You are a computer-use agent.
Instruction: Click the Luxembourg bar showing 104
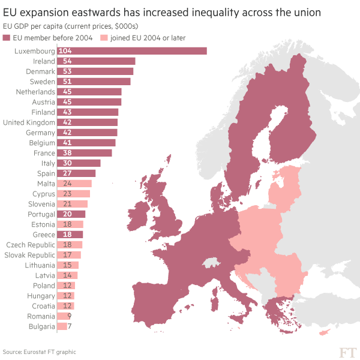point(132,51)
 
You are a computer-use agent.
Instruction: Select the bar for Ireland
point(96,61)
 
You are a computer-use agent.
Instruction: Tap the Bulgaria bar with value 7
point(62,326)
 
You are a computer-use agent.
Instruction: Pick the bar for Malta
point(74,184)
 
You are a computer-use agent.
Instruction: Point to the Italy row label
point(48,163)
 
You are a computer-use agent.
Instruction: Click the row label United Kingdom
point(29,122)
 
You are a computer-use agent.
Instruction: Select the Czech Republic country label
point(31,245)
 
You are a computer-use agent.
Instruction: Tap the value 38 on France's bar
point(67,153)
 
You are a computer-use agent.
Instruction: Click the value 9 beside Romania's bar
point(70,316)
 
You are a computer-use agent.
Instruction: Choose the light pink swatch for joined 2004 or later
point(103,38)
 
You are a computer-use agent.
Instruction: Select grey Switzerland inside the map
point(211,263)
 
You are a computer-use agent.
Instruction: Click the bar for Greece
point(70,235)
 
